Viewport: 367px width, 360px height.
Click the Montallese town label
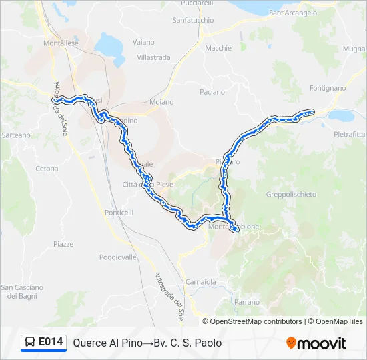point(61,43)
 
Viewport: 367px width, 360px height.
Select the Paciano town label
point(212,92)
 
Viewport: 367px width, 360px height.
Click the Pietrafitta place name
point(350,134)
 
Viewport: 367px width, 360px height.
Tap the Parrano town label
point(246,302)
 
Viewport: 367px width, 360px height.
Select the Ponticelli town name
point(119,212)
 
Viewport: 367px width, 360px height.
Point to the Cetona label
point(47,169)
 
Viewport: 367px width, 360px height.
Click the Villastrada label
point(153,58)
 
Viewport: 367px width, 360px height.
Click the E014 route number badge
point(51,342)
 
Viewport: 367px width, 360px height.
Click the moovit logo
point(316,343)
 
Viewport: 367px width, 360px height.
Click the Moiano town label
point(161,102)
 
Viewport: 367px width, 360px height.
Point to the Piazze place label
point(63,244)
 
